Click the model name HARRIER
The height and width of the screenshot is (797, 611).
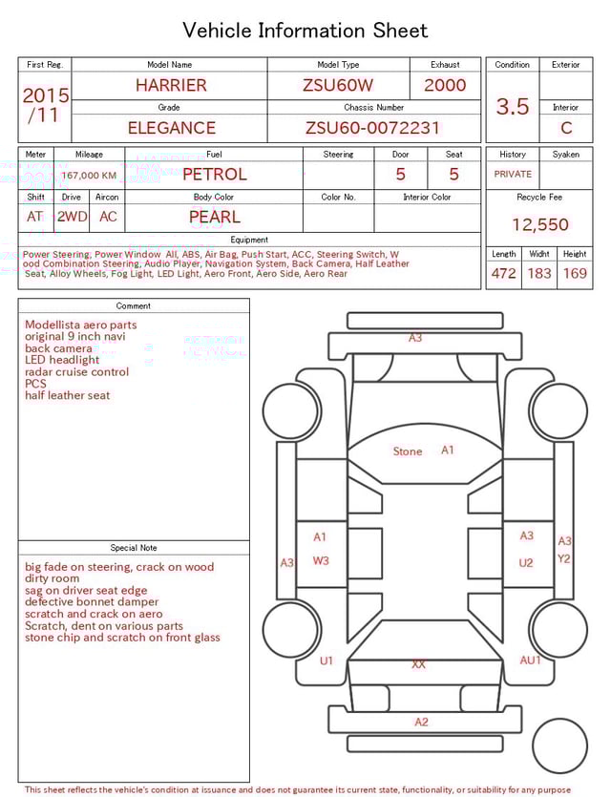point(170,85)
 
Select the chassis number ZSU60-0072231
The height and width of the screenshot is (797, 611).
point(372,128)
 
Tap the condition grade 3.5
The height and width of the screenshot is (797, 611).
point(512,107)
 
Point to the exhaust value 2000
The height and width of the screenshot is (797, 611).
point(445,85)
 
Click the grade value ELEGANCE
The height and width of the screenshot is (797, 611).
point(171,128)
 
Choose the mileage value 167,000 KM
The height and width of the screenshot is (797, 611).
point(89,176)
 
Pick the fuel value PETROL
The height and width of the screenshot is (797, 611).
point(214,175)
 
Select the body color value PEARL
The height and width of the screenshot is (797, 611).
point(214,217)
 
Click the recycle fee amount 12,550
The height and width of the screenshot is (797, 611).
point(539,225)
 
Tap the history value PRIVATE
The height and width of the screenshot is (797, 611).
point(513,175)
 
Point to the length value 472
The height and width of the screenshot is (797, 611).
point(503,274)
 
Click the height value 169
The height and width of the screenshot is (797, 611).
point(575,274)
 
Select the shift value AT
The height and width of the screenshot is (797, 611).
point(35,217)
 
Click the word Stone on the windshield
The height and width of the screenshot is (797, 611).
point(408,451)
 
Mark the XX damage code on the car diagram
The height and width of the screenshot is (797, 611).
point(418,664)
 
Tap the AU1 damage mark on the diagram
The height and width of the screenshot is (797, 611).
point(530,661)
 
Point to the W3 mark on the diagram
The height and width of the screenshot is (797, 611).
point(321,561)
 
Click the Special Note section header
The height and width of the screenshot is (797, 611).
point(134,548)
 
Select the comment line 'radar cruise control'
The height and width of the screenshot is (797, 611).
point(76,372)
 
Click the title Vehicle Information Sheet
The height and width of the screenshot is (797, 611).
point(305,31)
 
